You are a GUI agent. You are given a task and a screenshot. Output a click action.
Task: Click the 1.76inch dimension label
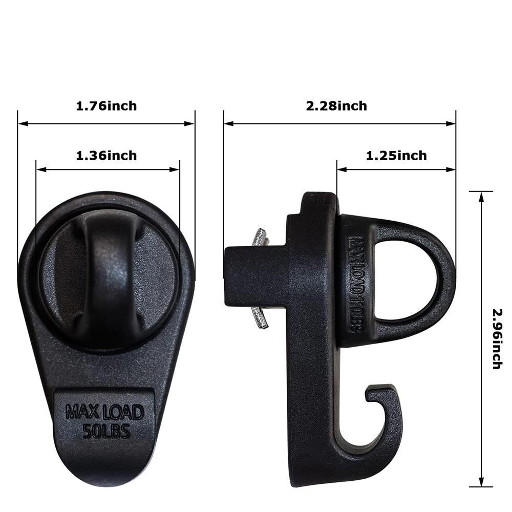click(106, 106)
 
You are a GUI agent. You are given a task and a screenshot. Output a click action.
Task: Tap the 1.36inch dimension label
click(106, 155)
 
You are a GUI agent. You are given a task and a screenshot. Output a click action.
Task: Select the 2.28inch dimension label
click(336, 106)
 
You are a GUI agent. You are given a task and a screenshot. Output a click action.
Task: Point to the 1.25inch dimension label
click(396, 155)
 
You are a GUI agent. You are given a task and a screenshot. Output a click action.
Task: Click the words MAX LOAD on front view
click(104, 413)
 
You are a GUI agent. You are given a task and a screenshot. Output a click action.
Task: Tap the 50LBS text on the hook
click(106, 431)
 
